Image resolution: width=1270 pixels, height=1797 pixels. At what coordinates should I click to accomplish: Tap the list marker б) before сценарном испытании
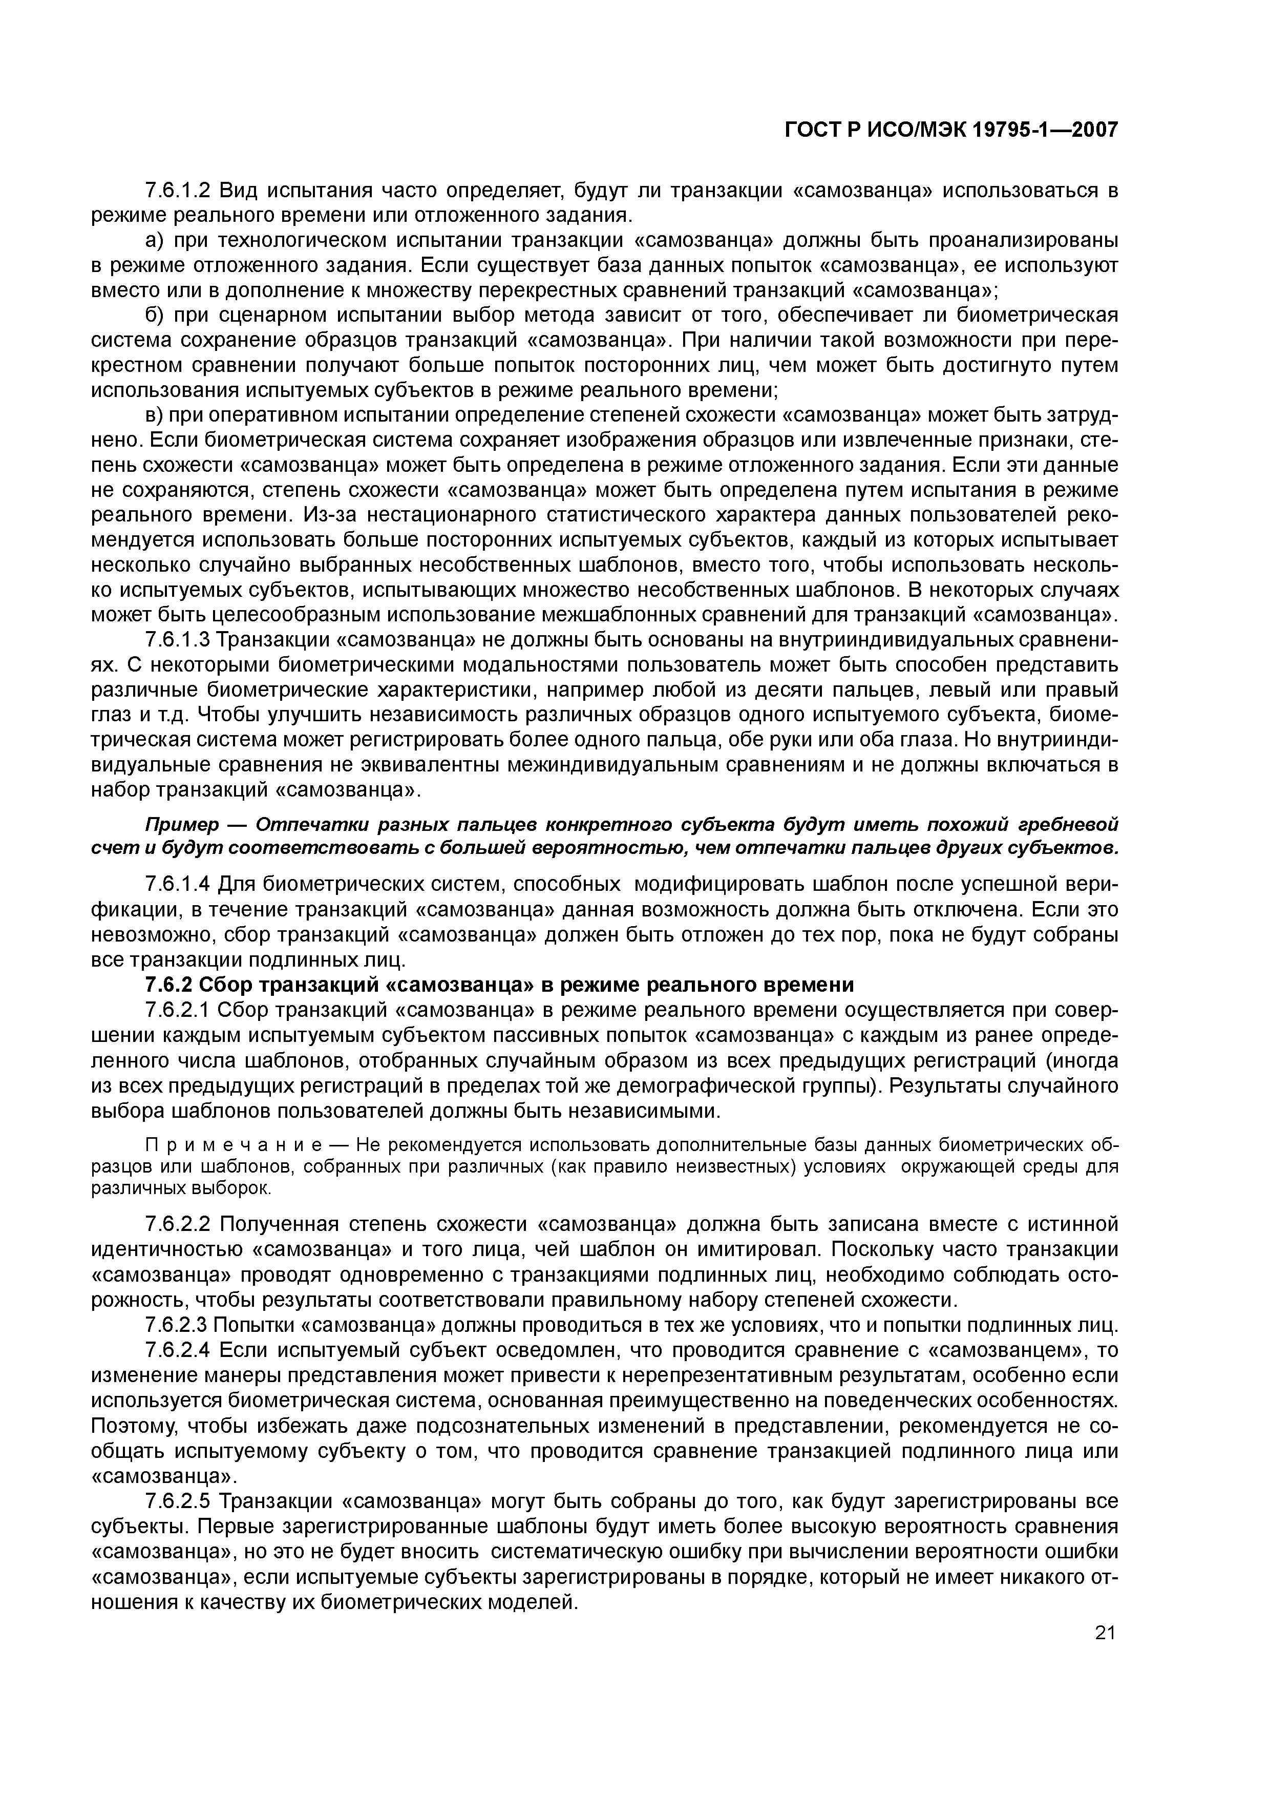[x=155, y=316]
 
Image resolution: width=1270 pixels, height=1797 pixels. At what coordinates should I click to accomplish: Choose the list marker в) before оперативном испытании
[x=155, y=415]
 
